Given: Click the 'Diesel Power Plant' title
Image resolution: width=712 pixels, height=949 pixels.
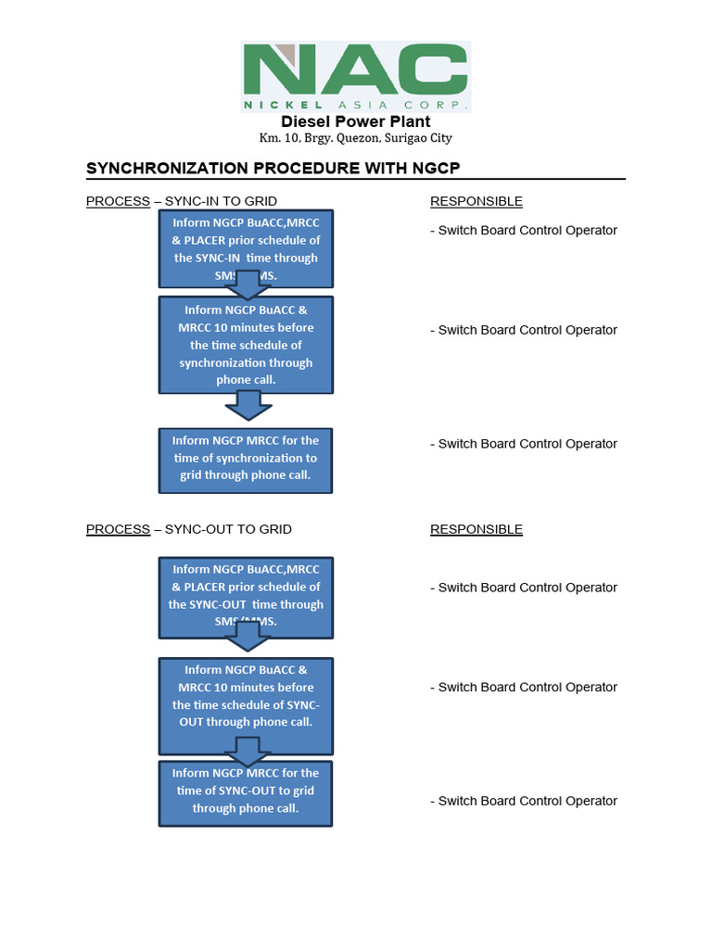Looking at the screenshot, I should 356,121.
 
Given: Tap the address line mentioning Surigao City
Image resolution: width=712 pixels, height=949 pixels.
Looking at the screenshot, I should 356,138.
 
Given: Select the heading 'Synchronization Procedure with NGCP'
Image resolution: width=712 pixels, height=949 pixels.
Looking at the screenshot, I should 273,168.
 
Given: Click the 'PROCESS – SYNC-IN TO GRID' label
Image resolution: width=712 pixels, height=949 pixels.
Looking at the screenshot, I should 182,201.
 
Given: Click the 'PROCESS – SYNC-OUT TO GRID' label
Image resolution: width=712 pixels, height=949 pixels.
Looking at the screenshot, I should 189,529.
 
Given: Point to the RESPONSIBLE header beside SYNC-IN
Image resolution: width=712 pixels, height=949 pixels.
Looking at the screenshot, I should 477,201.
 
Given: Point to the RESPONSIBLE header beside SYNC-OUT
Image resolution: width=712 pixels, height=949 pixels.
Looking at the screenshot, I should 477,529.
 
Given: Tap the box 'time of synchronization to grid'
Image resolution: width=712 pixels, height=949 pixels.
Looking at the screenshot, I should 246,459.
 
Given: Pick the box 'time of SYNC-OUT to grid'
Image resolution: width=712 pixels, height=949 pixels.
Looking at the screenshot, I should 246,792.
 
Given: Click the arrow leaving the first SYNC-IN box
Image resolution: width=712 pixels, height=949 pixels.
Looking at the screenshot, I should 248,285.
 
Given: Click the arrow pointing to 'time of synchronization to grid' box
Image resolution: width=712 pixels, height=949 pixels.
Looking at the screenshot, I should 248,405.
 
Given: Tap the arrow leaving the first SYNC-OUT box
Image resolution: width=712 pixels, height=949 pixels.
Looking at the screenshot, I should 248,636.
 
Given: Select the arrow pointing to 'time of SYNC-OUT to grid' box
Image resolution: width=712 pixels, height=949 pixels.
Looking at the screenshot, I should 248,752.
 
